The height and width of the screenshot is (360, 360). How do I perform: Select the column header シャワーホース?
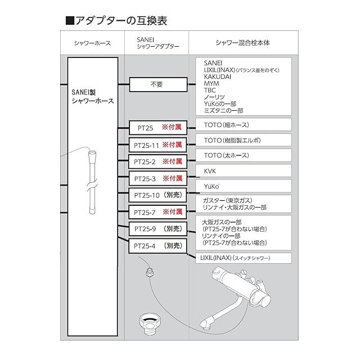tap(92, 43)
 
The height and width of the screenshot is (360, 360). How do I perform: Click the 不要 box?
tap(157, 85)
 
